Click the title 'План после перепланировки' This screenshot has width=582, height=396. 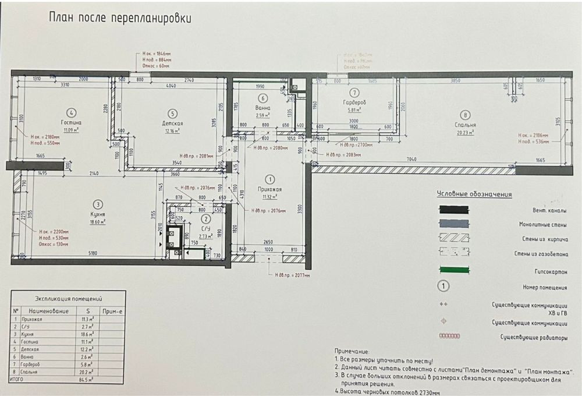pos(119,18)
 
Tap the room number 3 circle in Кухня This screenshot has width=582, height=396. pos(98,204)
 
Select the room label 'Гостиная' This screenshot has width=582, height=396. pos(72,123)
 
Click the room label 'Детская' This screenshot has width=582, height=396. pos(172,123)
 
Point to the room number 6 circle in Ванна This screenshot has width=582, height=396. pos(263,98)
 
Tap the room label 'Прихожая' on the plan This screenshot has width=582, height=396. pos(269,189)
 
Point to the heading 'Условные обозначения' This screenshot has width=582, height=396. pos(474,195)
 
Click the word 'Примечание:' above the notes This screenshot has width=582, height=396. pos(352,352)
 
